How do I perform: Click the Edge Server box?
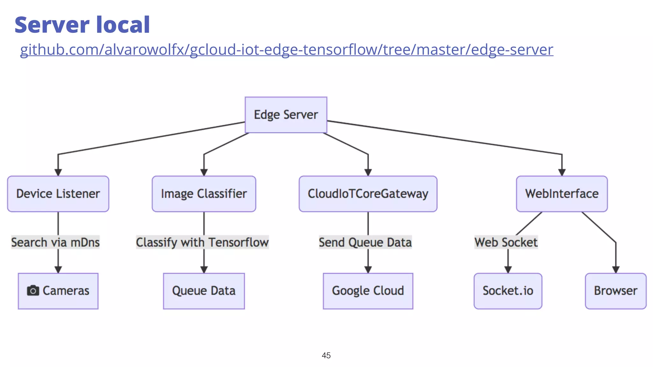click(286, 115)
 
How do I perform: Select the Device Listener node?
click(58, 194)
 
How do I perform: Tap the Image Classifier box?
click(204, 194)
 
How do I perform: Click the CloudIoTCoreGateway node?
click(368, 194)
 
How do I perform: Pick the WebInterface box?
click(561, 194)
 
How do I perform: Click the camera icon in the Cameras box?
click(33, 291)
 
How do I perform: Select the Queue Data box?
click(204, 291)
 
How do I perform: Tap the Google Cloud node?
click(368, 291)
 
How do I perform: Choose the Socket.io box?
click(508, 291)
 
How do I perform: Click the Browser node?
click(615, 291)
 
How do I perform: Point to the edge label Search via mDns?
click(55, 242)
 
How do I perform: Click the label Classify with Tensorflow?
click(202, 242)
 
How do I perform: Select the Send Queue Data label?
click(365, 242)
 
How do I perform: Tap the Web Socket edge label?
click(506, 242)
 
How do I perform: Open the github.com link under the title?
click(286, 50)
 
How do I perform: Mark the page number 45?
click(326, 355)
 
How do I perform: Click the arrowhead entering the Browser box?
click(616, 270)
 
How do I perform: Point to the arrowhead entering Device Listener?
click(58, 172)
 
